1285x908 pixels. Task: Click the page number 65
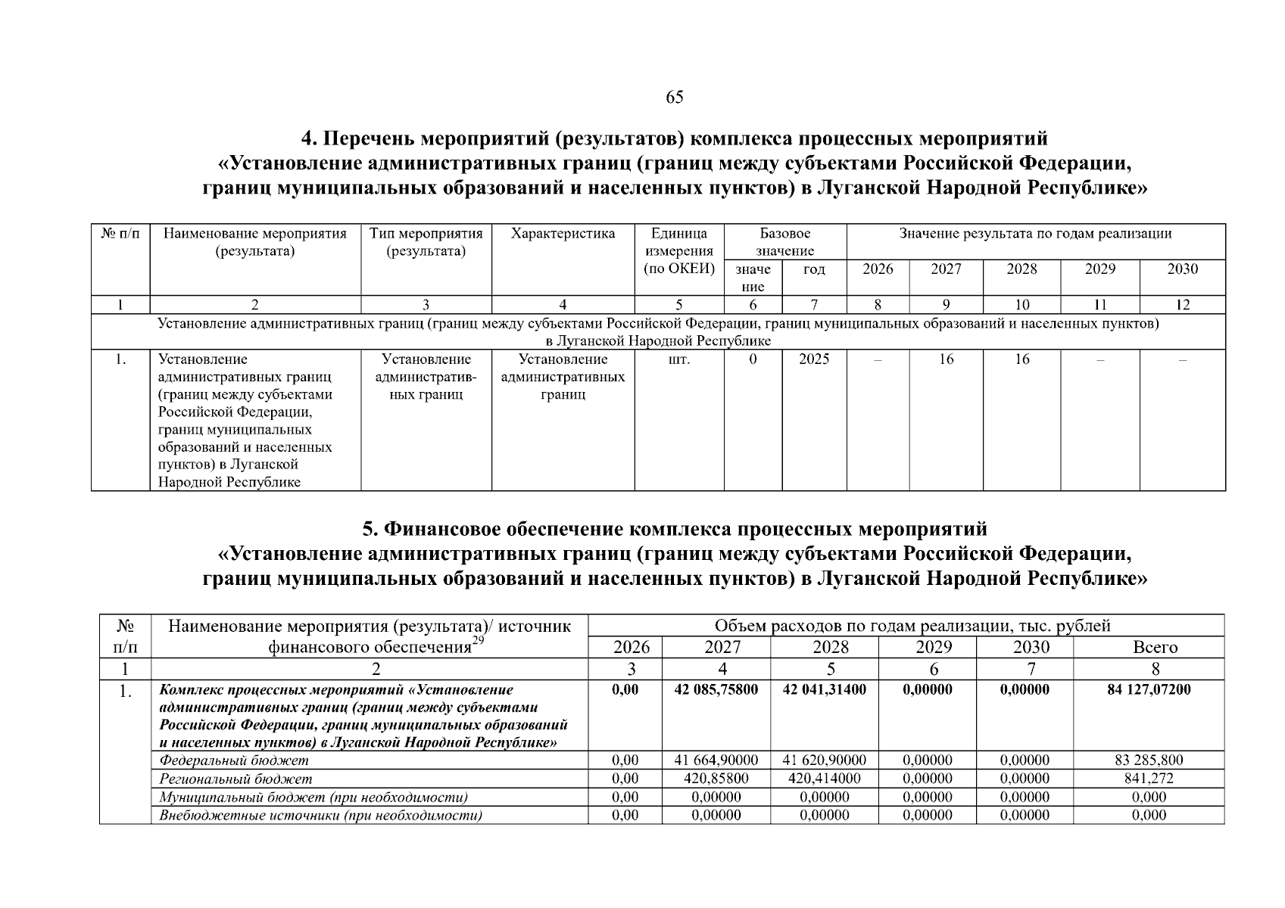pyautogui.click(x=674, y=97)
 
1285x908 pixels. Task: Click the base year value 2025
pyautogui.click(x=814, y=359)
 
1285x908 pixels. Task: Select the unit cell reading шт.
pyautogui.click(x=678, y=359)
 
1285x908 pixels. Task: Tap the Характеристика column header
pyautogui.click(x=563, y=234)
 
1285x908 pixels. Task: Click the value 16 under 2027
pyautogui.click(x=946, y=359)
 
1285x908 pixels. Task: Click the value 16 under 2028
pyautogui.click(x=1021, y=359)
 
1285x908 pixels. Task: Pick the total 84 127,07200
pyautogui.click(x=1148, y=689)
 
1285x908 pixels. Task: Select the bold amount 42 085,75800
pyautogui.click(x=716, y=689)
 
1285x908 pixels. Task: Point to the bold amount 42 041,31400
pyautogui.click(x=824, y=689)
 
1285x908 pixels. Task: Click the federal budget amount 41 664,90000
pyautogui.click(x=716, y=760)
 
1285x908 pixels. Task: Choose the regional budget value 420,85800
pyautogui.click(x=716, y=779)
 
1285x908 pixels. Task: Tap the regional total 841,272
pyautogui.click(x=1148, y=779)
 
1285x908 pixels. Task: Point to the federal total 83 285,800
pyautogui.click(x=1148, y=760)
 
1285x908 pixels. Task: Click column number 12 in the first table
pyautogui.click(x=1182, y=305)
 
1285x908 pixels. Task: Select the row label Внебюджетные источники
pyautogui.click(x=321, y=815)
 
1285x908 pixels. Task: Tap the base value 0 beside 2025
pyautogui.click(x=753, y=359)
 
